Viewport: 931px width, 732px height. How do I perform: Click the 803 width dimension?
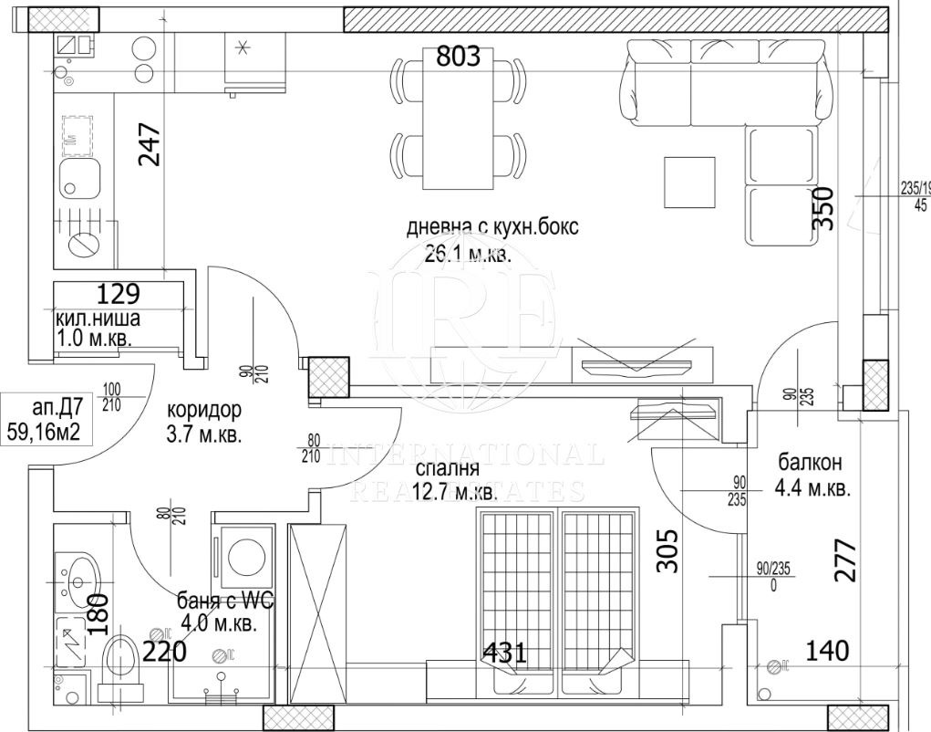point(458,57)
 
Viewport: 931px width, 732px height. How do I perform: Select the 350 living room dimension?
point(822,212)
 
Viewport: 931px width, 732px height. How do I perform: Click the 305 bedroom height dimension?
point(668,550)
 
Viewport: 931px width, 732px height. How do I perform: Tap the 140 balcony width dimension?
point(827,651)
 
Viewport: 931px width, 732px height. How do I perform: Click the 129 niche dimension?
point(119,294)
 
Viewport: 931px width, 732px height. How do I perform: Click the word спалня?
point(447,469)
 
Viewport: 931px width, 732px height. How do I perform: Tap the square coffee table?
point(689,182)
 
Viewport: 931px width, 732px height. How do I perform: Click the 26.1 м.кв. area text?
point(469,255)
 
